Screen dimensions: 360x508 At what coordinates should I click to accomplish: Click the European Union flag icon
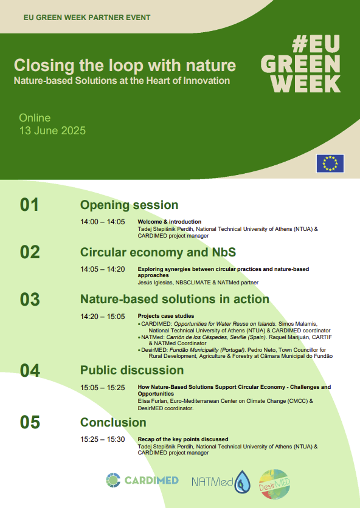(x=330, y=163)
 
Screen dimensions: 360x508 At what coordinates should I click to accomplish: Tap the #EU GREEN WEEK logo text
(x=300, y=64)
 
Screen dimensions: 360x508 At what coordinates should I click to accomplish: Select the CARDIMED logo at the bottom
(x=142, y=480)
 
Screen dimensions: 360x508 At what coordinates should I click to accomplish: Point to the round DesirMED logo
(x=274, y=484)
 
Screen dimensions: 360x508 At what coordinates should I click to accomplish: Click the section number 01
(x=29, y=205)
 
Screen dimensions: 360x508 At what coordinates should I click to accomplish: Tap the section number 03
(x=30, y=300)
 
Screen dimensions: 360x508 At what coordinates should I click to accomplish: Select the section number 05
(x=30, y=422)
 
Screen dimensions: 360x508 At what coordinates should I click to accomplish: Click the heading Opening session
(x=129, y=205)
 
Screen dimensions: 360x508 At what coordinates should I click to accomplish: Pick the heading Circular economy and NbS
(x=158, y=252)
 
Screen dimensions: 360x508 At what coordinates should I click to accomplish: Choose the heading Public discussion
(x=132, y=370)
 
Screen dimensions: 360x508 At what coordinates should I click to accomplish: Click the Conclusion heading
(x=113, y=422)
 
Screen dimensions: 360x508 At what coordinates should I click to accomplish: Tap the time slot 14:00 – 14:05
(x=103, y=222)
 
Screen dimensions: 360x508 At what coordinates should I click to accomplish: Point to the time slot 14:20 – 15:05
(x=103, y=317)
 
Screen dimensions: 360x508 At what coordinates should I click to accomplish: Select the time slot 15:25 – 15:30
(x=103, y=440)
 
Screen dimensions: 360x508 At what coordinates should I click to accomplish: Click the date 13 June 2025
(x=52, y=131)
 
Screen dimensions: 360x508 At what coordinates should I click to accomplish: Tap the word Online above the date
(x=35, y=118)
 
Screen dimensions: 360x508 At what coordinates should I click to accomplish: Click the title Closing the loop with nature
(x=125, y=66)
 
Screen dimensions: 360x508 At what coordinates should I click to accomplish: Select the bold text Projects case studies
(x=166, y=316)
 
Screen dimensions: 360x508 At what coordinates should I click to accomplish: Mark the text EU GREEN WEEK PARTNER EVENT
(x=87, y=18)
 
